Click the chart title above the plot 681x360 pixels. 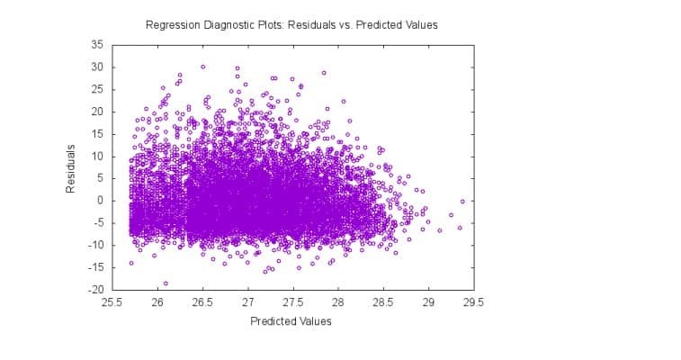pos(291,25)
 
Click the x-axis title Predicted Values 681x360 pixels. pos(291,321)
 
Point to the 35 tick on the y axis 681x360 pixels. pos(97,44)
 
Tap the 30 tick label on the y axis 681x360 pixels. pos(97,67)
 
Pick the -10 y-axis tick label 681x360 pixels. pos(96,245)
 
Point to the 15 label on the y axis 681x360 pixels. pos(97,133)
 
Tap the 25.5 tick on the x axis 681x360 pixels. pos(112,302)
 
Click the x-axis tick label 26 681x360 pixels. pos(157,302)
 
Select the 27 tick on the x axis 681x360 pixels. pos(248,302)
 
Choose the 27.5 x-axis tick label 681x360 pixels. pos(293,302)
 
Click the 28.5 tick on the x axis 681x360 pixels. pos(383,302)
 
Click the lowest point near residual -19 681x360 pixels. pos(166,283)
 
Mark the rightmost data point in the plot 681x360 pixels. pos(462,202)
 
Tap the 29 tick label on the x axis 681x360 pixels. pos(428,302)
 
